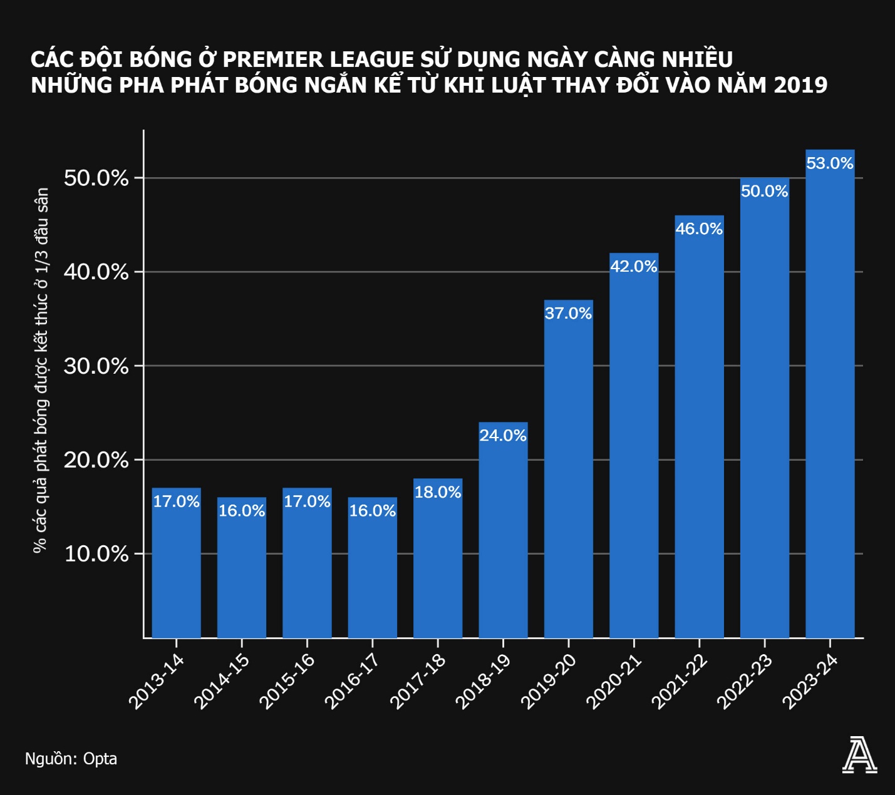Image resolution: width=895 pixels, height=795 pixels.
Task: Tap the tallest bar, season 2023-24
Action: click(829, 401)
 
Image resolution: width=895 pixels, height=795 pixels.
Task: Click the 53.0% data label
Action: click(829, 163)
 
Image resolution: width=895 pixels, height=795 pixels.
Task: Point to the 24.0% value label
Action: click(503, 436)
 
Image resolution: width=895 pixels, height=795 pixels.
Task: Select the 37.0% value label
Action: click(568, 313)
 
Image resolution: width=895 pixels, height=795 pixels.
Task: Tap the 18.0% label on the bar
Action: click(438, 492)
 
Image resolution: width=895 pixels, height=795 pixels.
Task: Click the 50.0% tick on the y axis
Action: click(96, 178)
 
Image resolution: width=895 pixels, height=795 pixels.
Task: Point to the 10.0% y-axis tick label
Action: click(96, 554)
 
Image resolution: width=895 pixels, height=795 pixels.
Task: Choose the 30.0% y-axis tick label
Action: click(96, 366)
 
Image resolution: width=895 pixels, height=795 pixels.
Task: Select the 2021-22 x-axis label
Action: click(679, 682)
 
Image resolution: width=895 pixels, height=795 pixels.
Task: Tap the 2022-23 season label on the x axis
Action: click(744, 682)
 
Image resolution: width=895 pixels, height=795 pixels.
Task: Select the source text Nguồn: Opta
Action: click(71, 759)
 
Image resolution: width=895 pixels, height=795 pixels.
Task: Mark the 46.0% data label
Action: click(699, 229)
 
